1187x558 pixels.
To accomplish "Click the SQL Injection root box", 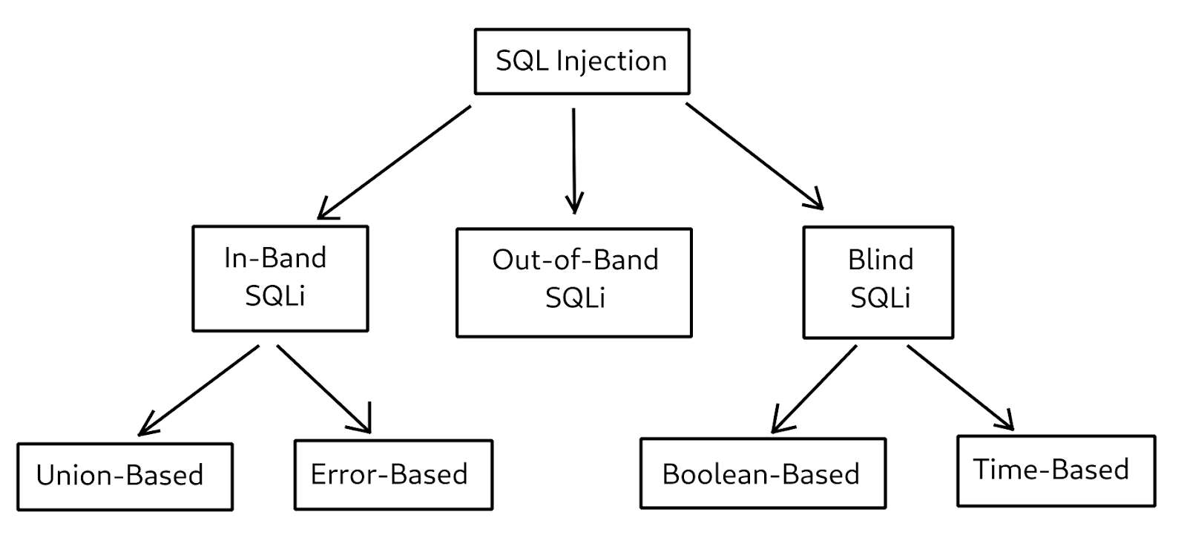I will point(582,62).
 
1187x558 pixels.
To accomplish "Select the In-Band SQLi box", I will point(280,278).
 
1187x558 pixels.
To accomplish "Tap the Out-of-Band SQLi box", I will point(573,283).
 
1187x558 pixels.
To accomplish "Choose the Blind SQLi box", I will point(878,283).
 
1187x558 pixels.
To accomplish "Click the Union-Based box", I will point(125,476).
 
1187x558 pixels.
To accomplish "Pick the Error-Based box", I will point(393,475).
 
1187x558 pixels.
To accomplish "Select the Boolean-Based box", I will point(762,473).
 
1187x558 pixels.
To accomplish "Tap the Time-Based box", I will point(1056,470).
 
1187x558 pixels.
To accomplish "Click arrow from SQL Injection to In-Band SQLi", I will point(395,162).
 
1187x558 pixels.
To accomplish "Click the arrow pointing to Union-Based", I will point(199,390).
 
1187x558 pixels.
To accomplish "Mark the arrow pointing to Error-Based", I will point(323,388).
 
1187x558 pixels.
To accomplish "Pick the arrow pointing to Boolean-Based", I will point(815,388).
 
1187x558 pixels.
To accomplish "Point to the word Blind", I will point(881,260).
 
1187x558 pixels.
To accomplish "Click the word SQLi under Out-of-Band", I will point(575,298).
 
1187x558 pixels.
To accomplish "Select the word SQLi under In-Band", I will point(275,296).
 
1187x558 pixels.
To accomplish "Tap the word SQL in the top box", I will point(521,61).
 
